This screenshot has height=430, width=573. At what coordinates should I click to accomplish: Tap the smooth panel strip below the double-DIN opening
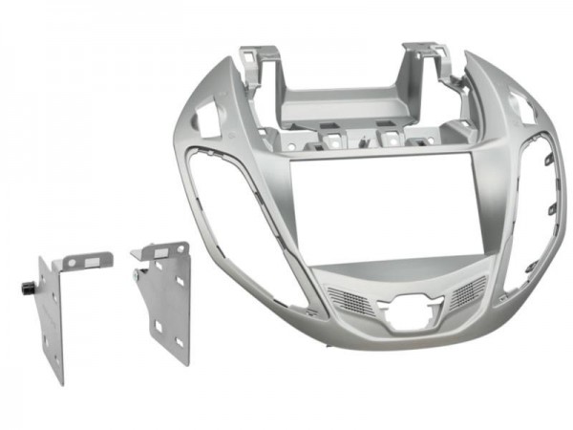[x=401, y=269]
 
